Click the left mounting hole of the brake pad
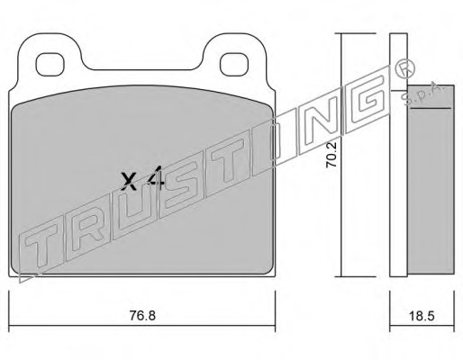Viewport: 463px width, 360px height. [50, 65]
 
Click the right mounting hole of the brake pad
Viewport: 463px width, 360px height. [234, 65]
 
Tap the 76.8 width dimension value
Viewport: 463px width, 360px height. [142, 315]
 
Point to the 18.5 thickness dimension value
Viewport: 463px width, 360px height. [422, 316]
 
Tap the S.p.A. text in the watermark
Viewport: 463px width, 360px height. [424, 94]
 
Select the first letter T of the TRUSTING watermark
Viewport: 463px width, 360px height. [41, 249]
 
